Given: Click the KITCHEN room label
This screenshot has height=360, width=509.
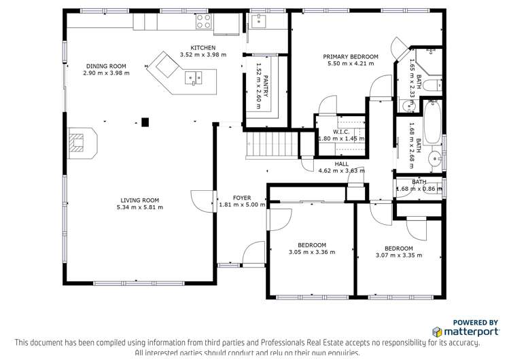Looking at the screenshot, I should tap(203, 47).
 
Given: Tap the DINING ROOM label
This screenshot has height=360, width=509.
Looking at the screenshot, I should tap(105, 66).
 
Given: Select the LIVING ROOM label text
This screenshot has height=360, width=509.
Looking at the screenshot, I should tap(139, 200).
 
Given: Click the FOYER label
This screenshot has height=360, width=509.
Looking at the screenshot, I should tap(242, 198).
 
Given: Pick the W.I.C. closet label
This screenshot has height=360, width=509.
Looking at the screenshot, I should tap(341, 131).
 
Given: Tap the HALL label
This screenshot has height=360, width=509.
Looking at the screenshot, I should tap(341, 164).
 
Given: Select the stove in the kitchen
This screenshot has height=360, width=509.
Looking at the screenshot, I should tap(203, 22).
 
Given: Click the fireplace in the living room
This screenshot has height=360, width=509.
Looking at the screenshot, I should tap(80, 143).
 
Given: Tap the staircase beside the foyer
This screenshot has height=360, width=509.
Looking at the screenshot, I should tap(271, 144).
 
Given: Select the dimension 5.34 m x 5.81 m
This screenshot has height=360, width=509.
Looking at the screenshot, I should tap(139, 207).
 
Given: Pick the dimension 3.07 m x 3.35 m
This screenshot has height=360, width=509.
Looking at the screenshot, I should tap(398, 255).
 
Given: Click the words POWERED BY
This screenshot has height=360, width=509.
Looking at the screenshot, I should tap(475, 322).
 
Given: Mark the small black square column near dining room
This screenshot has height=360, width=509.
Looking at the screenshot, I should tap(145, 122).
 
